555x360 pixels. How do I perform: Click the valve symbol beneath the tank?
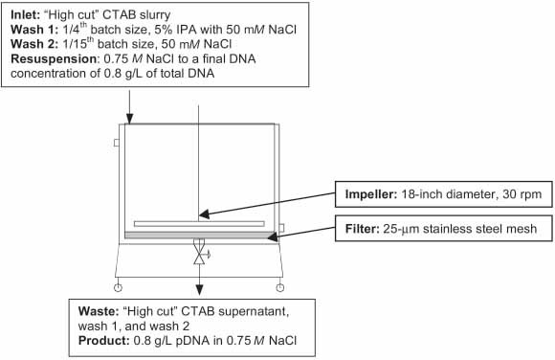click(199, 256)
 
